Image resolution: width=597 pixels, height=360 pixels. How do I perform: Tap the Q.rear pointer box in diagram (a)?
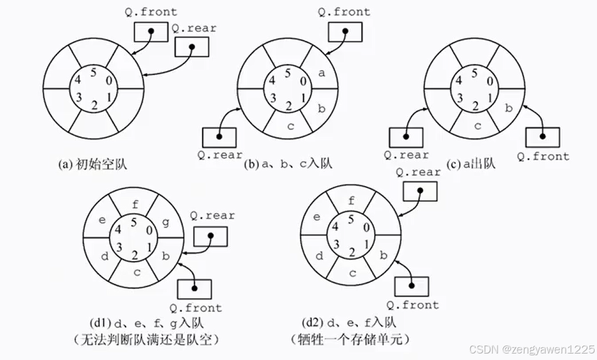[192, 47]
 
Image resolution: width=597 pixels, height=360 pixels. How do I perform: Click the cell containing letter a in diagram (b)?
[321, 74]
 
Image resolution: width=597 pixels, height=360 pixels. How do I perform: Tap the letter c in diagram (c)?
[478, 125]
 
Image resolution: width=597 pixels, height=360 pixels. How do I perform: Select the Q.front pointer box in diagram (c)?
[542, 137]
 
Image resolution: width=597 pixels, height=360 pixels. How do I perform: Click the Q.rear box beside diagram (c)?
[406, 137]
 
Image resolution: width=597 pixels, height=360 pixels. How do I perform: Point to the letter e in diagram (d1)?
[102, 220]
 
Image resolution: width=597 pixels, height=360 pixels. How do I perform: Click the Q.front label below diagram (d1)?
[196, 308]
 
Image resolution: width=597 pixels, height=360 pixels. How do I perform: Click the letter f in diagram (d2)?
[352, 200]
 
